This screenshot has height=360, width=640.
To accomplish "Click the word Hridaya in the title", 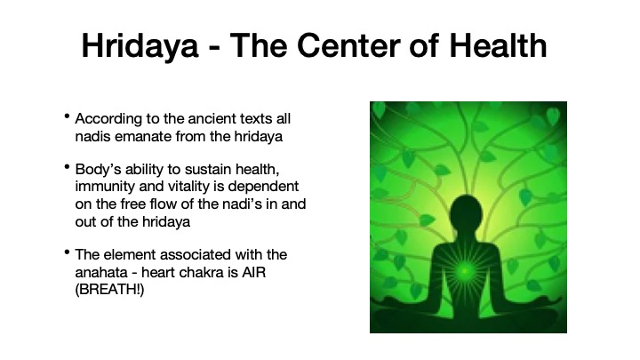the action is (x=140, y=46).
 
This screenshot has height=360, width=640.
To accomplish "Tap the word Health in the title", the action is (x=498, y=45).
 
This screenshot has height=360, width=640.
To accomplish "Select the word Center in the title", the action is (x=348, y=45).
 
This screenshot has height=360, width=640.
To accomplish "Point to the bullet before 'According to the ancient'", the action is (x=67, y=116).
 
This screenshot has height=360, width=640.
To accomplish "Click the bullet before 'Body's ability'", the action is (x=67, y=167).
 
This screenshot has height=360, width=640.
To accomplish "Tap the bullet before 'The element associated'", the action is (x=67, y=252).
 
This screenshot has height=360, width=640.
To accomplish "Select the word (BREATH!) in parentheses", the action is (x=109, y=290).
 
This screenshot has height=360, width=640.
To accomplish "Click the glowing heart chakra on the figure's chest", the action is (x=464, y=270).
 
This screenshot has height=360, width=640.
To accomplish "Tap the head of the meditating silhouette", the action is (x=465, y=212).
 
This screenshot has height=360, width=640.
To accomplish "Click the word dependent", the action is (x=263, y=187).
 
